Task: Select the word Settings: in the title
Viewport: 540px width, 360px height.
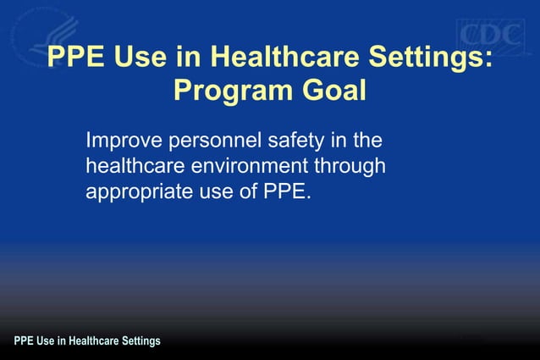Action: coord(428,58)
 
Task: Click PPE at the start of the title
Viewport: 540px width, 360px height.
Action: coord(73,58)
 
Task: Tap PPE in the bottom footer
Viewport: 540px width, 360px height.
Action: coord(24,341)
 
